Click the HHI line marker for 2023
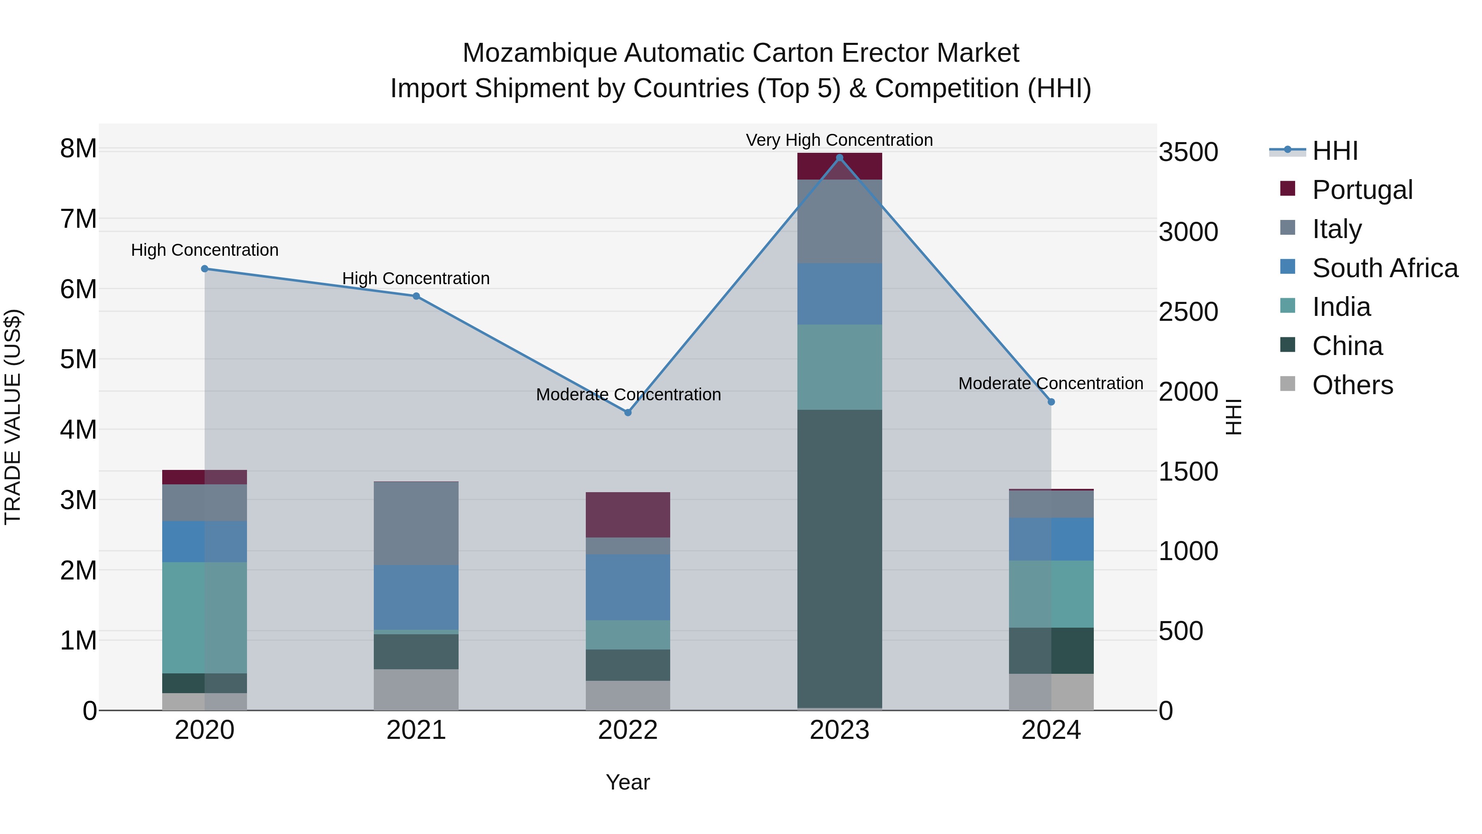[839, 158]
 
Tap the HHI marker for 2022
[628, 413]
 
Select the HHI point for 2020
[205, 269]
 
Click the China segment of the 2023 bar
[839, 558]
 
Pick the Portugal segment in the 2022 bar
[628, 514]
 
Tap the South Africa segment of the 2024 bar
[1051, 539]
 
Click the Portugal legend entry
[1362, 190]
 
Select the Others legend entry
[1352, 385]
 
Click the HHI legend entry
[1335, 151]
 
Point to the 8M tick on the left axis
[78, 149]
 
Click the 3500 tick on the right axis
[1188, 152]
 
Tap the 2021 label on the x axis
[416, 730]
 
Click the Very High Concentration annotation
[839, 140]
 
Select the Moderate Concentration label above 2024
[1051, 383]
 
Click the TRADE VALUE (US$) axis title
[13, 417]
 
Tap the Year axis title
[628, 782]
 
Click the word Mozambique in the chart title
[540, 53]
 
